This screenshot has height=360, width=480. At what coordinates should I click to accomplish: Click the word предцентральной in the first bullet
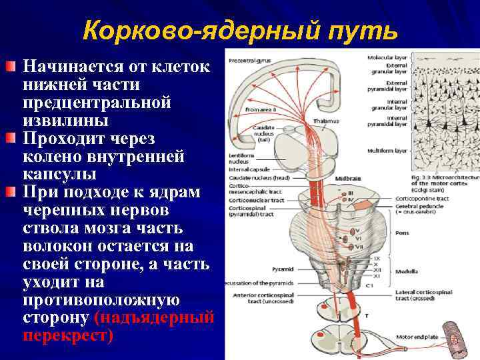tap(97, 103)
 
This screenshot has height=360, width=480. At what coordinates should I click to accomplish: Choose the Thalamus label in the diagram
tap(327, 121)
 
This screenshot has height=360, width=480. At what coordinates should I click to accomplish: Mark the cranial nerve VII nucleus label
tap(359, 246)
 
